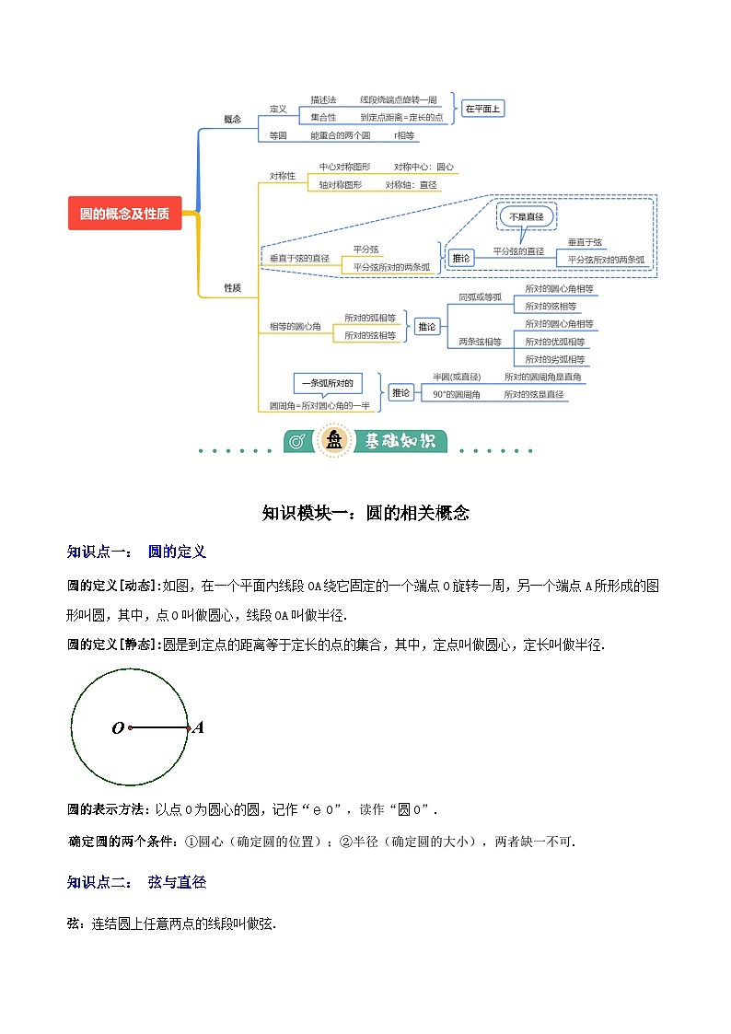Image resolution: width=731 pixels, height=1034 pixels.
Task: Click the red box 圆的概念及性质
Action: (x=124, y=214)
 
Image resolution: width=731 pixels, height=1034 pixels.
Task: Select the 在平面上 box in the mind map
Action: (x=482, y=109)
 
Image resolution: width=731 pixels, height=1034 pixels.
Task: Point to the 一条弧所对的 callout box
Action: (x=327, y=383)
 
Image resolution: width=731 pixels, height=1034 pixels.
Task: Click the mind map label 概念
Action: (x=233, y=119)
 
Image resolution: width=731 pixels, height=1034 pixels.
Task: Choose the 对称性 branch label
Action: (x=283, y=176)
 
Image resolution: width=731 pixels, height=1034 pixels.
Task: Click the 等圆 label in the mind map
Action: (x=278, y=135)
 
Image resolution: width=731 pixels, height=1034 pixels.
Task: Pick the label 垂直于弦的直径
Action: (x=299, y=259)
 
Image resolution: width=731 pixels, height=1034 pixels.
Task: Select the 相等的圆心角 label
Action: (x=295, y=327)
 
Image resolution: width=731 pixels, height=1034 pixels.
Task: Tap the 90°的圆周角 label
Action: (x=457, y=394)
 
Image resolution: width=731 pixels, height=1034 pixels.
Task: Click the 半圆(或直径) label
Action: (x=457, y=377)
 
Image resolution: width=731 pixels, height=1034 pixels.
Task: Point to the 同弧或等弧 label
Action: (x=481, y=296)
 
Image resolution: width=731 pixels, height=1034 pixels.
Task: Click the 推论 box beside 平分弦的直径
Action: (x=460, y=259)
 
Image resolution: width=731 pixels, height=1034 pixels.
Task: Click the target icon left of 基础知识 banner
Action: (x=297, y=442)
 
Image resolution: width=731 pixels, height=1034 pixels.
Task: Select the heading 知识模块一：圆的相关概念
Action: (x=365, y=513)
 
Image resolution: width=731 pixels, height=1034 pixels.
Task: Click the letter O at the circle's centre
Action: (x=118, y=728)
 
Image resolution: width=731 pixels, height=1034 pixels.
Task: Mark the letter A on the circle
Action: (x=198, y=727)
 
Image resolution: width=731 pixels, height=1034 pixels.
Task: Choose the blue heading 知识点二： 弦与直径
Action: (x=136, y=882)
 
